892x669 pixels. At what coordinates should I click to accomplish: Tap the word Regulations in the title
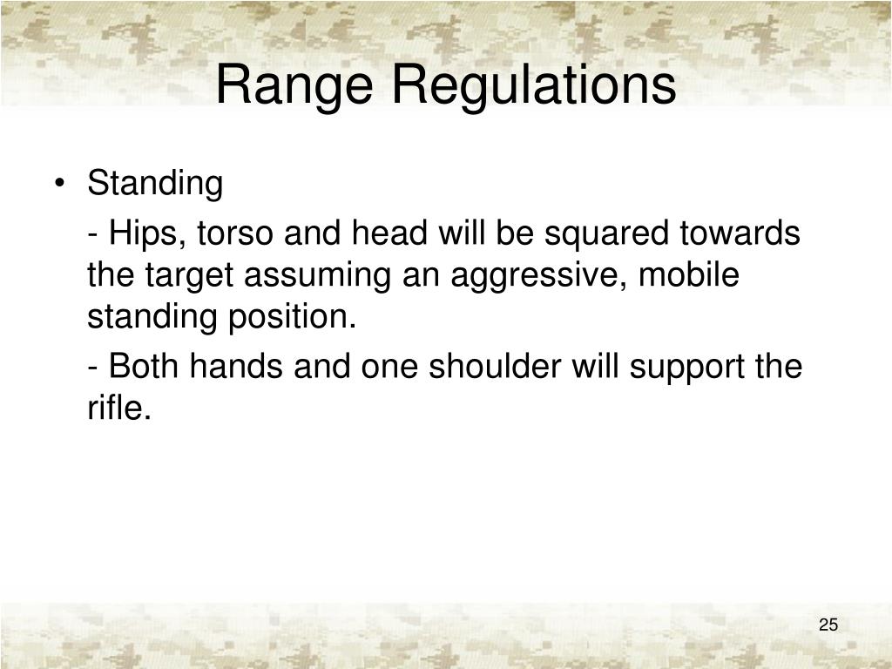[x=533, y=86]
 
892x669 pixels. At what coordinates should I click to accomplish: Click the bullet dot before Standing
[x=59, y=186]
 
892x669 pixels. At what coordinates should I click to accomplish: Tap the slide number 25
[x=828, y=625]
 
